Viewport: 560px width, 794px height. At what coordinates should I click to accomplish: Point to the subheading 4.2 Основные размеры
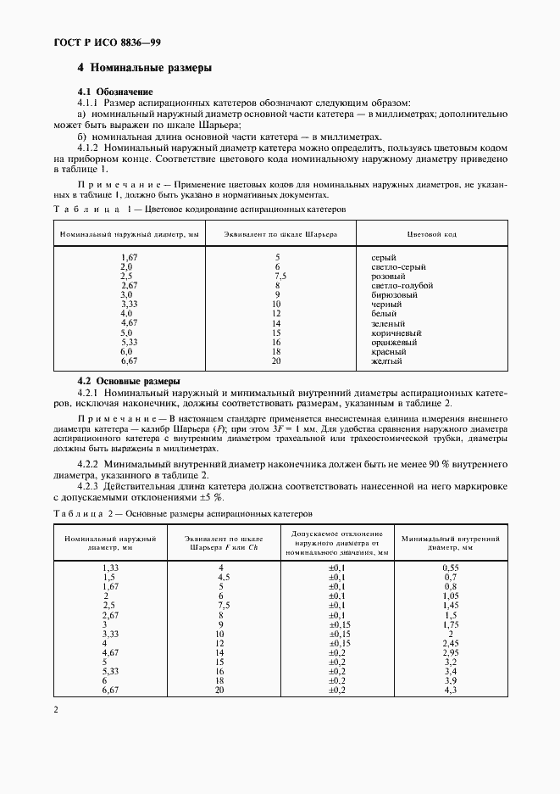(129, 381)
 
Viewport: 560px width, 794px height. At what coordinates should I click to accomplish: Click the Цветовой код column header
(432, 233)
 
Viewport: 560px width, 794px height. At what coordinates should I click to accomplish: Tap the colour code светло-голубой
(402, 285)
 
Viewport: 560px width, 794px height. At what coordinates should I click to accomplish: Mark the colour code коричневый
(396, 333)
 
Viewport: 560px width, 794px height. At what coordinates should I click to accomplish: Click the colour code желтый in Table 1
(386, 361)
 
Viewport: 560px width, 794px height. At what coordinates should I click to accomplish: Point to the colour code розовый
(390, 276)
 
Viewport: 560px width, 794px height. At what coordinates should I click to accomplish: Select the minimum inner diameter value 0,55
(451, 567)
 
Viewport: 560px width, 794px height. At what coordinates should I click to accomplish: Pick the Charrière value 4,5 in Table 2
(221, 577)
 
